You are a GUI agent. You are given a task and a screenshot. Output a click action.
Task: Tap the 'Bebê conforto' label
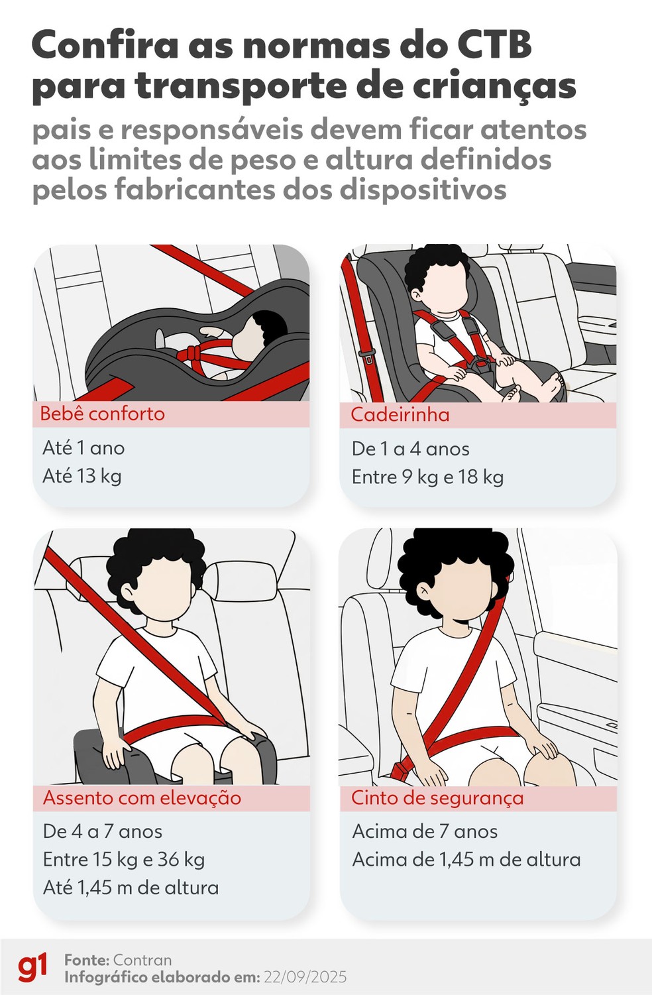coord(102,414)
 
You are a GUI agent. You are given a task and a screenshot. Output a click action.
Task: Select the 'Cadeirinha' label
coord(400,415)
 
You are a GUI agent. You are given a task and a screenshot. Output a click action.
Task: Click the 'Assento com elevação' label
coord(142,797)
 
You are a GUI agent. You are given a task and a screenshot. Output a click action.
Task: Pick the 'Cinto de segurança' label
coord(437,797)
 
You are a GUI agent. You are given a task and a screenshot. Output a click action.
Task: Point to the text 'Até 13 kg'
coord(82,476)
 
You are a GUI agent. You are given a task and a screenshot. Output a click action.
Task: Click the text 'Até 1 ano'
coord(83,448)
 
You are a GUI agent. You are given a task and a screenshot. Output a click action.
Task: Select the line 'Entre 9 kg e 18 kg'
coord(427,477)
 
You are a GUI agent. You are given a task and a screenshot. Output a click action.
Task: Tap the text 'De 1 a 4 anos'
coord(410,449)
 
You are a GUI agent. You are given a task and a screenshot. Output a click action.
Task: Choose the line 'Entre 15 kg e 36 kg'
coord(123,860)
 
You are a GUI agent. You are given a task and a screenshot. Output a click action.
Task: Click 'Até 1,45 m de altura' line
coord(131,888)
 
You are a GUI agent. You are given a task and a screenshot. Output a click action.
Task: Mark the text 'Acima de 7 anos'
coord(425,831)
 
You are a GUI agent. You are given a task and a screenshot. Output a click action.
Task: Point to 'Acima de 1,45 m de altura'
coord(466,860)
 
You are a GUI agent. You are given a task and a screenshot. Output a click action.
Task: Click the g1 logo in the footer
coord(32,967)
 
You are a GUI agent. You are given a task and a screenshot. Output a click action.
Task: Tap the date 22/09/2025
coord(305,977)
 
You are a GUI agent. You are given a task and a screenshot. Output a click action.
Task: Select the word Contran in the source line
coord(142,960)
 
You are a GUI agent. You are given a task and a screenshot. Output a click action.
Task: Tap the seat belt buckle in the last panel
coord(402,770)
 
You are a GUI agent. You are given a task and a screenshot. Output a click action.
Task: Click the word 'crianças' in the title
coord(491,87)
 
